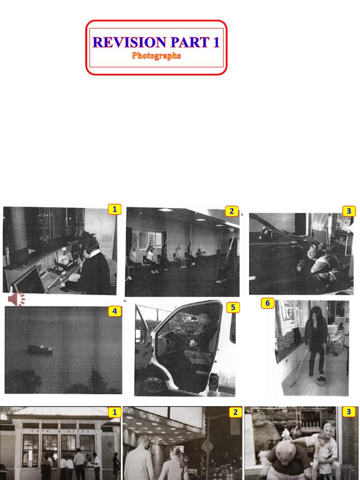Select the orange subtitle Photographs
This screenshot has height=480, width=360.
point(156,56)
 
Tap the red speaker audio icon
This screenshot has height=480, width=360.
point(16,299)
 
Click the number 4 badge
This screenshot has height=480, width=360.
point(114,311)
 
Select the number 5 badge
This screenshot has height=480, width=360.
point(233,307)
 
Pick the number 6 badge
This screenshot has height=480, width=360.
point(267,303)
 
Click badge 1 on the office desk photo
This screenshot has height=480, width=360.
point(114,210)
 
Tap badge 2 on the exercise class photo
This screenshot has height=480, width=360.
point(231,211)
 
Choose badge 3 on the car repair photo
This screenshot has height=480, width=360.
point(348,211)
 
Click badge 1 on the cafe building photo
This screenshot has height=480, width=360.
point(114,412)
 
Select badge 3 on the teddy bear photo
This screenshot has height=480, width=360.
point(348,412)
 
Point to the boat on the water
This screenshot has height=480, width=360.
point(40,349)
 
